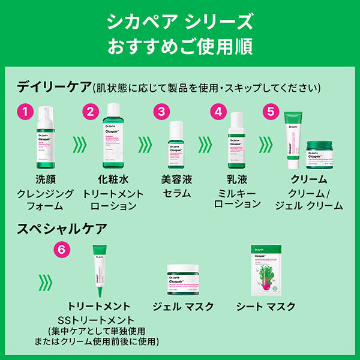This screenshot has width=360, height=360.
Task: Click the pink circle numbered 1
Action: [x=24, y=112]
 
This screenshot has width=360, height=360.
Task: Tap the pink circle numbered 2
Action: [x=90, y=112]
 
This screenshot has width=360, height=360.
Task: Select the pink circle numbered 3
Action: [x=161, y=112]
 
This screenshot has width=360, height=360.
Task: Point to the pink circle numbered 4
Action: [x=219, y=112]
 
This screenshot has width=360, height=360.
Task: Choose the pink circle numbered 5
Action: [x=271, y=112]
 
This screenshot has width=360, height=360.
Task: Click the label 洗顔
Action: [x=47, y=179]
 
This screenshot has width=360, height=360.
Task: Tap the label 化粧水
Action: [x=113, y=179]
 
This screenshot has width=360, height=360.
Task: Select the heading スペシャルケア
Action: [x=62, y=229]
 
